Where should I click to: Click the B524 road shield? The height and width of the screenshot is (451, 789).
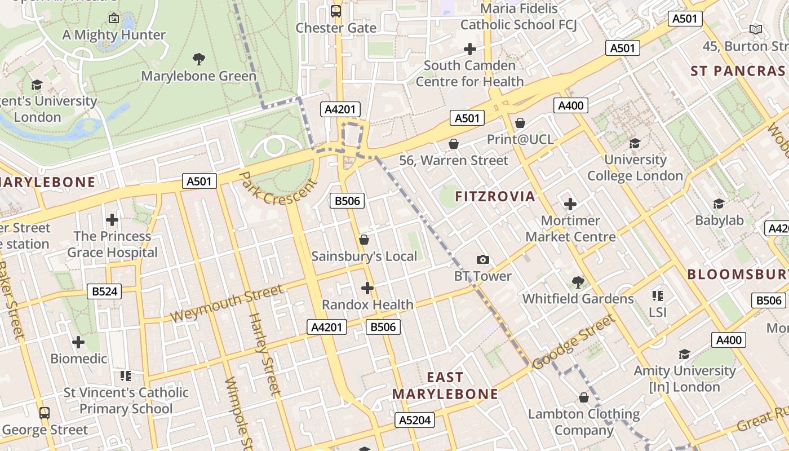pyautogui.click(x=105, y=291)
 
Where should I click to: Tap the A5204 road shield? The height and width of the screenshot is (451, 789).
pyautogui.click(x=415, y=420)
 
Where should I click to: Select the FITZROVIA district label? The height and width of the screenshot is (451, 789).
pyautogui.click(x=495, y=196)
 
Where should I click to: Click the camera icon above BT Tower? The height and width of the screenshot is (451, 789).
pyautogui.click(x=482, y=259)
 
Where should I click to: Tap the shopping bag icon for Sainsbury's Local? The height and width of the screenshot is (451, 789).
pyautogui.click(x=364, y=240)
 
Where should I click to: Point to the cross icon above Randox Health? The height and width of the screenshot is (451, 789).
pyautogui.click(x=367, y=288)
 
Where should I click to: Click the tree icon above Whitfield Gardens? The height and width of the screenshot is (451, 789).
pyautogui.click(x=578, y=282)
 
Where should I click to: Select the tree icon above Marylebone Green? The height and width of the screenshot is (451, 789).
pyautogui.click(x=198, y=59)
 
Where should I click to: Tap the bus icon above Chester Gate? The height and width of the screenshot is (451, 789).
pyautogui.click(x=336, y=11)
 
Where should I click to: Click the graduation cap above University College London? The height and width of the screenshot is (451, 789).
pyautogui.click(x=635, y=143)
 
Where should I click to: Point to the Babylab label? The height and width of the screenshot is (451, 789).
pyautogui.click(x=719, y=220)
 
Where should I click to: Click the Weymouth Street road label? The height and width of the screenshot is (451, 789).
pyautogui.click(x=227, y=303)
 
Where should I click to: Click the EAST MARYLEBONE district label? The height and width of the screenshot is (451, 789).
pyautogui.click(x=445, y=386)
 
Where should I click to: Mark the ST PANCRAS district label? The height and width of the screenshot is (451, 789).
pyautogui.click(x=738, y=71)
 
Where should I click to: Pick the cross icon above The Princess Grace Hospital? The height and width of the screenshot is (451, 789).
pyautogui.click(x=112, y=219)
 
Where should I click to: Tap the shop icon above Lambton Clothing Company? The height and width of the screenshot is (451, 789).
pyautogui.click(x=584, y=397)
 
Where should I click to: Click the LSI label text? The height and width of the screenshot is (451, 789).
pyautogui.click(x=657, y=312)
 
